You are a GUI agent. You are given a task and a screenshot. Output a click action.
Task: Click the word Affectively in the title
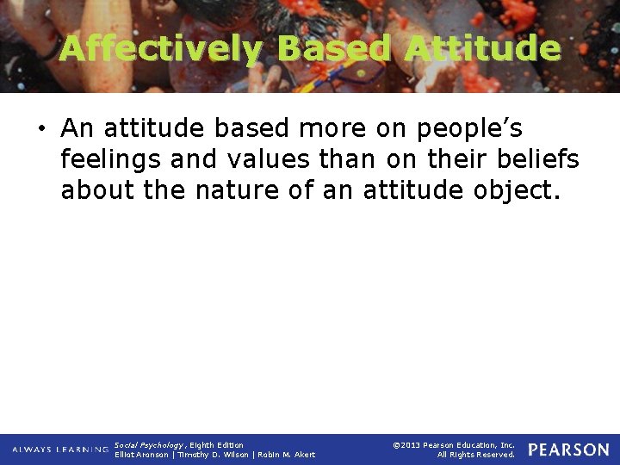pos(158,48)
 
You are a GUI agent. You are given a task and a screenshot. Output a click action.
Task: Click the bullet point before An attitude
pos(40,129)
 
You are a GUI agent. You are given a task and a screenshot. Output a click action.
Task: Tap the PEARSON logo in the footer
pos(568,449)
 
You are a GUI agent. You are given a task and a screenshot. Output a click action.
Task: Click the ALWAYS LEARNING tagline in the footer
pos(60,449)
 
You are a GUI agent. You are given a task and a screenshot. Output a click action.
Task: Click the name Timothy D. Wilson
pos(219,455)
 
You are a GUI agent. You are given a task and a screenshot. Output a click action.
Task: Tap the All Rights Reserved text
pos(475,455)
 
